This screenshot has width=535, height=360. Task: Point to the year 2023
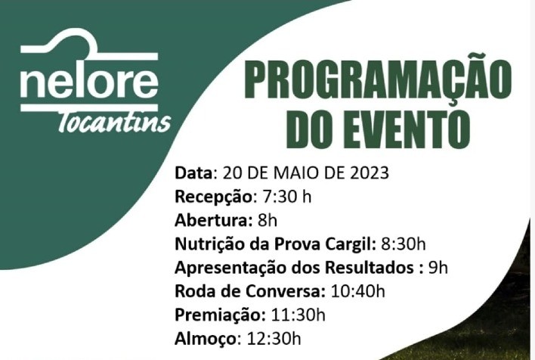[370, 172]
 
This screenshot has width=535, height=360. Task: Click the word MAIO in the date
[293, 172]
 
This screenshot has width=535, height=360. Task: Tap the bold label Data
[195, 172]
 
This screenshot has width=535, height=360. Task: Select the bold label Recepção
[215, 197]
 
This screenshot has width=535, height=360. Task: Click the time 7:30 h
[286, 197]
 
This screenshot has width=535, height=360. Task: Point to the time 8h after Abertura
[268, 221]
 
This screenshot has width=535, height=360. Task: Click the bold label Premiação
[218, 315]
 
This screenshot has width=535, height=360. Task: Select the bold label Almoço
[206, 339]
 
